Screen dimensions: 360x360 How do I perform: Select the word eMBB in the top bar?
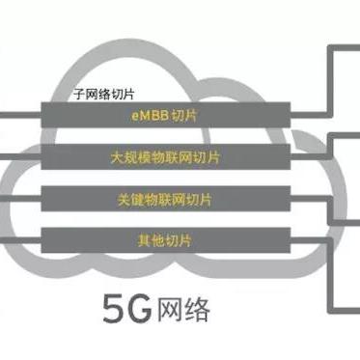145,115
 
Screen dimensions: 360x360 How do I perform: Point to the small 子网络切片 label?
104,96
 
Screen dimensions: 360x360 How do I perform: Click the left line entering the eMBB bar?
19,114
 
